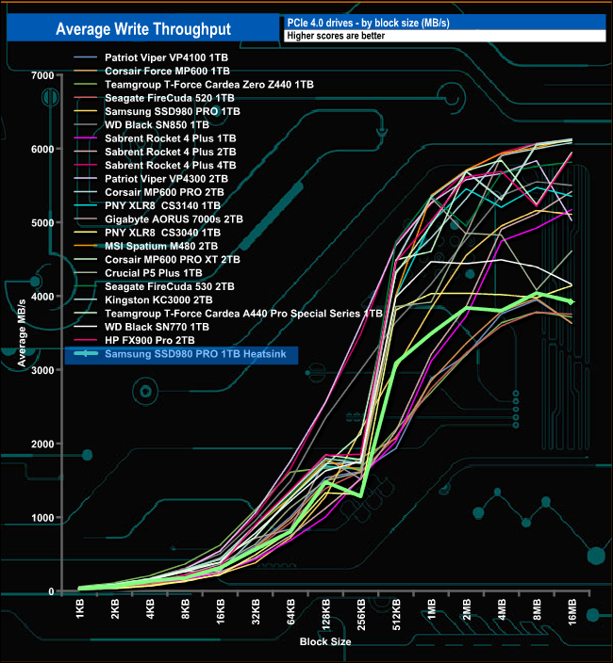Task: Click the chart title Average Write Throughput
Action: (143, 29)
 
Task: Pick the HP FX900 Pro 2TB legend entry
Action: (152, 340)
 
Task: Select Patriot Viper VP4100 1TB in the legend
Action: (166, 57)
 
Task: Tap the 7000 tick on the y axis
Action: (41, 75)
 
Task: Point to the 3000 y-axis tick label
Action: (41, 370)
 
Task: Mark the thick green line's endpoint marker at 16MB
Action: (571, 301)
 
